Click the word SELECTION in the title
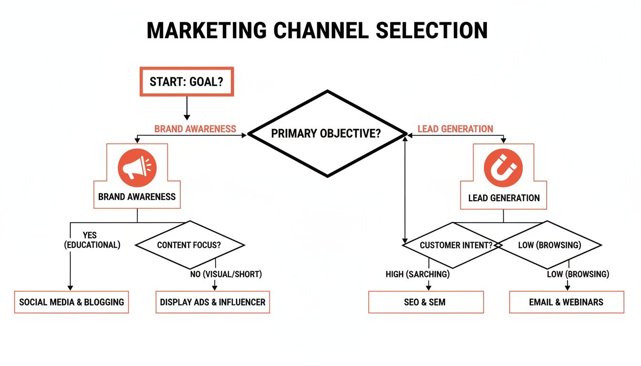(x=432, y=31)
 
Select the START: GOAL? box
(x=186, y=82)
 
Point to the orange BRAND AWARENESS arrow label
(x=195, y=129)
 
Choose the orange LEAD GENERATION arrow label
(x=455, y=129)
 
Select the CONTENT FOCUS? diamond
(x=190, y=245)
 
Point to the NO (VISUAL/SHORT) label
(x=226, y=274)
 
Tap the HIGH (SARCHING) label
(x=418, y=274)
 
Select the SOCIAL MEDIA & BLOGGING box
(x=72, y=302)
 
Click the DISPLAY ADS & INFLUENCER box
(x=213, y=302)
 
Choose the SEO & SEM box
(x=425, y=302)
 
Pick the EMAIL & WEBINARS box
(x=566, y=302)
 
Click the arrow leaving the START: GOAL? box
(x=186, y=109)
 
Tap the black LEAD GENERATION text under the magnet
(x=504, y=198)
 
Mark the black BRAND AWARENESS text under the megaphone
(x=137, y=196)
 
